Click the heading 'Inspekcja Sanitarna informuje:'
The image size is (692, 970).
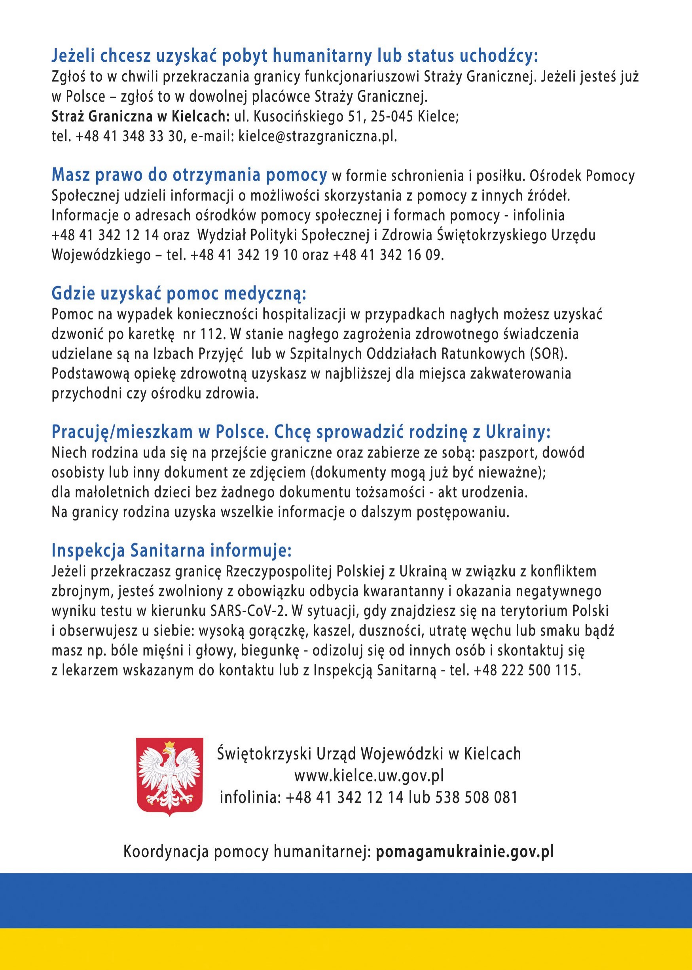[171, 550]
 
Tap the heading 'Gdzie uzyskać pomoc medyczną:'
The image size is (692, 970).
[179, 293]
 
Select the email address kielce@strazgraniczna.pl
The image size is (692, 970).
[317, 136]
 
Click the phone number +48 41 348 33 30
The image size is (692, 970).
[129, 136]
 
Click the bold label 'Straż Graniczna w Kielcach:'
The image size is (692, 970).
[140, 116]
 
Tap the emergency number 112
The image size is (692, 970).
[212, 334]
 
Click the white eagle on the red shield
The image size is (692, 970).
[169, 776]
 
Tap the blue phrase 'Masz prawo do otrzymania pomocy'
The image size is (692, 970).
[189, 175]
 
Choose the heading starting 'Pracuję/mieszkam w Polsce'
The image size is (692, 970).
[301, 432]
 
